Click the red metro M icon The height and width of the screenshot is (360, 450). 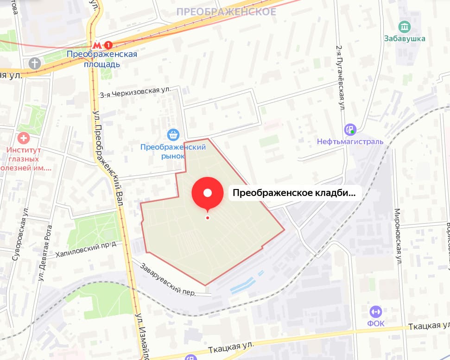point(97,45)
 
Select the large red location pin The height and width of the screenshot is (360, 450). point(208,193)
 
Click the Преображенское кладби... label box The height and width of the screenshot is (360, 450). point(294,193)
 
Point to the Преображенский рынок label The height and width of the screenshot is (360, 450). point(173,152)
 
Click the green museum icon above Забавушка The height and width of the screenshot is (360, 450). point(405,26)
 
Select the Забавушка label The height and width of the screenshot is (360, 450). point(405,38)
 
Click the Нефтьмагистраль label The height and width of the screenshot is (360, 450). point(350,141)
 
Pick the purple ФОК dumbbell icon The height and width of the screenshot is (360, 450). point(376,311)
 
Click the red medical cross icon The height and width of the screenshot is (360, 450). point(23,138)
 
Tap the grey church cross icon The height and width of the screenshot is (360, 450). point(35,63)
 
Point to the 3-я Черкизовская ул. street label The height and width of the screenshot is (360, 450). point(135,92)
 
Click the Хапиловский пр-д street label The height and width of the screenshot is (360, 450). point(86,248)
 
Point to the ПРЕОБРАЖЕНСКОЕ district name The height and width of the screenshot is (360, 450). point(226,12)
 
